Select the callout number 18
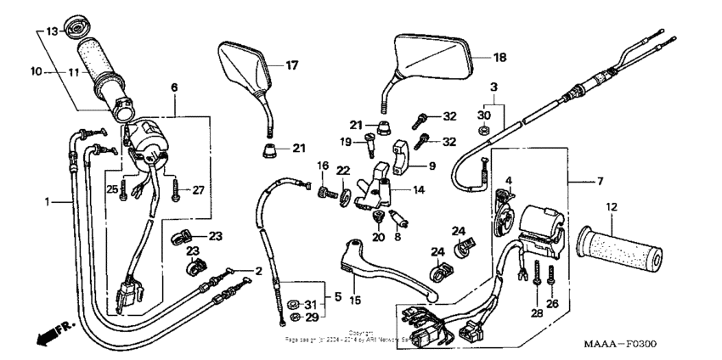coord(499,58)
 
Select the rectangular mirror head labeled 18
coord(433,58)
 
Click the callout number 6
coord(174,87)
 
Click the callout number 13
coord(51,31)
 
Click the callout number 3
coord(493,87)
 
